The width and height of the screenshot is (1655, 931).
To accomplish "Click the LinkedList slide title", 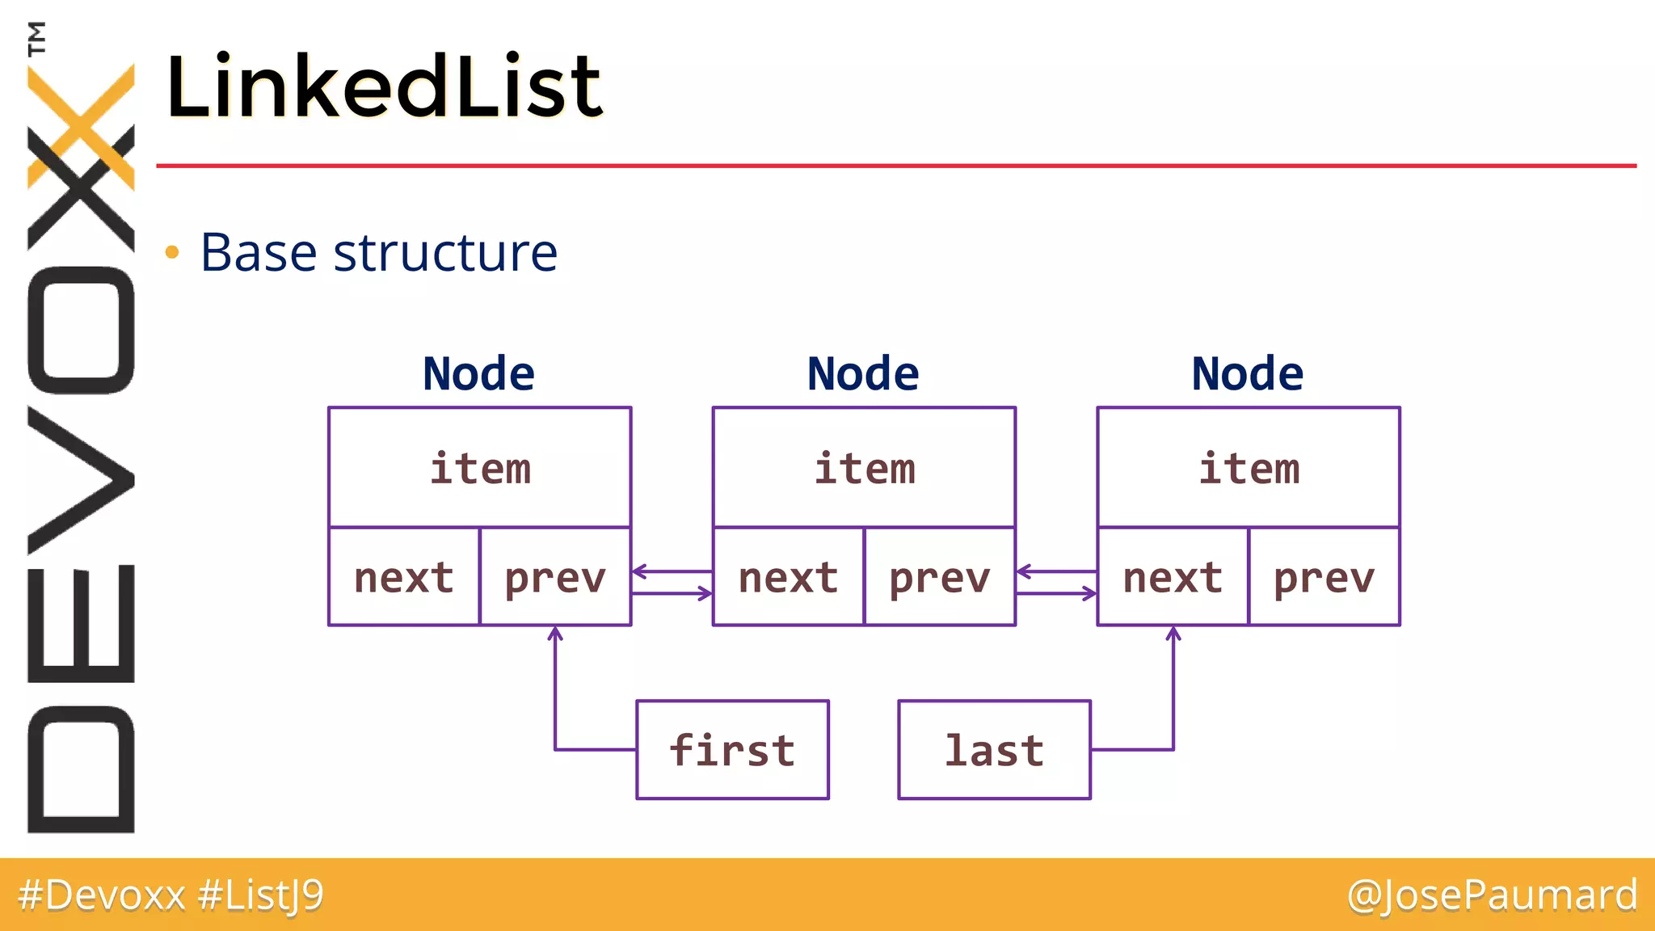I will (x=384, y=86).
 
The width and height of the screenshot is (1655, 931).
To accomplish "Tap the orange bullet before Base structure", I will (x=171, y=253).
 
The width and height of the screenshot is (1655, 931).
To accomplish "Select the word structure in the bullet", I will (x=445, y=253).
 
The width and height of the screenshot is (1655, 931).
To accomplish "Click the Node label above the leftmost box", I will (x=478, y=374).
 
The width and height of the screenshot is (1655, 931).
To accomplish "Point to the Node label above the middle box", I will (x=863, y=374).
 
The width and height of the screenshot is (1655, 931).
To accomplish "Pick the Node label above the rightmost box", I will (x=1247, y=374).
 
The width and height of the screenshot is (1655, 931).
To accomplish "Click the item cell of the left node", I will (x=480, y=468).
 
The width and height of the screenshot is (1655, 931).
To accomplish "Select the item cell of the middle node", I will (x=864, y=468).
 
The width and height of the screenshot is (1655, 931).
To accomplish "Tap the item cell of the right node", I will (x=1249, y=468).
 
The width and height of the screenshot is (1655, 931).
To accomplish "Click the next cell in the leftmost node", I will (x=404, y=577).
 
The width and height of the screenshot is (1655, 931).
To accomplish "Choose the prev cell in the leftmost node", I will (x=555, y=577).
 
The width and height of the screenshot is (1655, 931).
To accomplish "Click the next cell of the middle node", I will (x=788, y=577).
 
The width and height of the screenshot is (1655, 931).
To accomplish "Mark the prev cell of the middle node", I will (x=940, y=577).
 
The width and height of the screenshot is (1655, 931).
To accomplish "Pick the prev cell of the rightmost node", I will (x=1324, y=577).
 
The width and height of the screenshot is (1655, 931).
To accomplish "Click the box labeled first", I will (x=732, y=750).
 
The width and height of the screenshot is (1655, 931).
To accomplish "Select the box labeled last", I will (x=994, y=750).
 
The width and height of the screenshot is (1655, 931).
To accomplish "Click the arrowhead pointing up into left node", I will (x=555, y=633).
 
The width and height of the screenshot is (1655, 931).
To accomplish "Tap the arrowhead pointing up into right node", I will (x=1173, y=633).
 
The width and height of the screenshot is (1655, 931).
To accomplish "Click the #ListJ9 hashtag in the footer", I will (x=260, y=895).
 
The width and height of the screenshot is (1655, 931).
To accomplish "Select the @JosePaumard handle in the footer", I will (x=1492, y=895).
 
